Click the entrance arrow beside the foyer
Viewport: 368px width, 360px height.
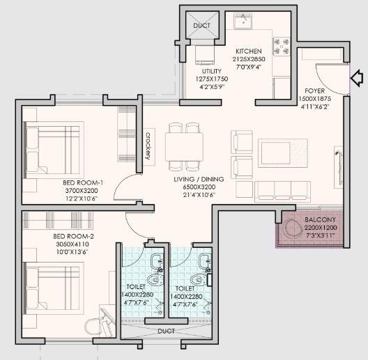click(x=357, y=78)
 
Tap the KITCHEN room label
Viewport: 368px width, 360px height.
click(x=249, y=51)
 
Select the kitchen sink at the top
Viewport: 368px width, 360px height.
click(x=243, y=21)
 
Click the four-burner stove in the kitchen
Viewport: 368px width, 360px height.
click(x=282, y=47)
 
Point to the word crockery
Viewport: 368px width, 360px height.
click(x=148, y=146)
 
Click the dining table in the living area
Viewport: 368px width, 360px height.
click(x=184, y=147)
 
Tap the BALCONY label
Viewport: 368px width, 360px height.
click(x=320, y=220)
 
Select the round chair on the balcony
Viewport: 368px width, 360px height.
click(x=293, y=228)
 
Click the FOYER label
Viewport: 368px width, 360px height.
click(x=314, y=91)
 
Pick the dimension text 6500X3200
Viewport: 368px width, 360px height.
click(x=199, y=187)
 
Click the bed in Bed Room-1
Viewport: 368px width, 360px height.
click(x=54, y=150)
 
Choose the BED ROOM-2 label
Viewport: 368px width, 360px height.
click(x=73, y=236)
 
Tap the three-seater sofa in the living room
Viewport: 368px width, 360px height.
click(x=282, y=191)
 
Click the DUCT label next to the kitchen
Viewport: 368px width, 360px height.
click(x=202, y=25)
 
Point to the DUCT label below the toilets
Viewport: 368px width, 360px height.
click(x=166, y=331)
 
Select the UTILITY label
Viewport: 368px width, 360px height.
click(x=211, y=71)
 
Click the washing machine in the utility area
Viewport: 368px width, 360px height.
click(x=205, y=55)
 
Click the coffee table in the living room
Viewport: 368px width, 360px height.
click(x=282, y=153)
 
